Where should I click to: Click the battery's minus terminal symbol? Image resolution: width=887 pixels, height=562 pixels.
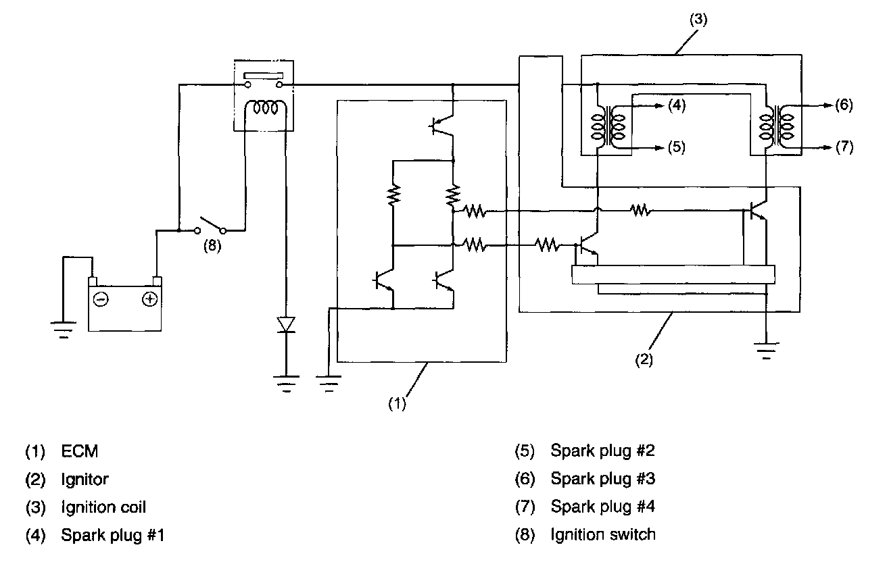tap(101, 299)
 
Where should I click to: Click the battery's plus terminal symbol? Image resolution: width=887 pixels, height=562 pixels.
tap(150, 299)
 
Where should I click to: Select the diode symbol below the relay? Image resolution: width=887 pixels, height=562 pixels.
tap(287, 324)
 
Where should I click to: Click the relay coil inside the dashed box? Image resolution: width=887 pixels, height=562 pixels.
tap(264, 108)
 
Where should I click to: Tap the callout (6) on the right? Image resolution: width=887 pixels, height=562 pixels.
tap(843, 105)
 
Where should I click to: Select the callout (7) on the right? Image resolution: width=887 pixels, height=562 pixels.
tap(843, 147)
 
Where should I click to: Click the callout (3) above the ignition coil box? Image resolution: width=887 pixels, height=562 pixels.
tap(698, 19)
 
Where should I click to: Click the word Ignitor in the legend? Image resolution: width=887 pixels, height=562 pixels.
tap(85, 479)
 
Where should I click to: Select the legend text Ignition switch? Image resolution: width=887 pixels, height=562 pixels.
tap(603, 534)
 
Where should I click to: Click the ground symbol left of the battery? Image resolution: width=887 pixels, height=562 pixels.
tap(63, 328)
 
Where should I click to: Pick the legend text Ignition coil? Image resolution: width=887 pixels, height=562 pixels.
tap(103, 507)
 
